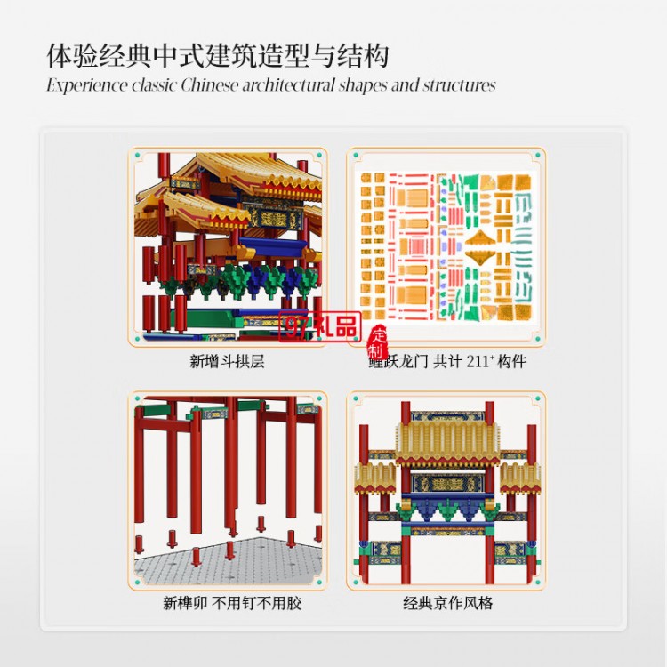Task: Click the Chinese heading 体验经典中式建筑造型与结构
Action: pyautogui.click(x=217, y=56)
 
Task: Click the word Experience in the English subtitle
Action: pyautogui.click(x=87, y=85)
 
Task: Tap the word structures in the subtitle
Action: pyautogui.click(x=460, y=85)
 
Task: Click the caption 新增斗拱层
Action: pyautogui.click(x=227, y=361)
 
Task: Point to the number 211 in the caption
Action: pyautogui.click(x=478, y=361)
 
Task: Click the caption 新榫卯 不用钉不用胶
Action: pyautogui.click(x=232, y=603)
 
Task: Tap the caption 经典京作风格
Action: pyautogui.click(x=448, y=603)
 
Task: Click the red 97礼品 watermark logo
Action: pyautogui.click(x=320, y=327)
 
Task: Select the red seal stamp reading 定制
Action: pyautogui.click(x=377, y=343)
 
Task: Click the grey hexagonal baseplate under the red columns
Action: pyautogui.click(x=228, y=562)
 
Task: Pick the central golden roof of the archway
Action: pyautogui.click(x=448, y=443)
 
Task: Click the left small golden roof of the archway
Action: pyautogui.click(x=375, y=478)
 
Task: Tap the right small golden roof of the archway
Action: pyautogui.click(x=520, y=478)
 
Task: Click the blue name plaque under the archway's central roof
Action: pyautogui.click(x=447, y=483)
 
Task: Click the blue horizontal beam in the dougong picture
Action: pyautogui.click(x=273, y=246)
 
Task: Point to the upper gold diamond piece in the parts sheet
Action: pyautogui.click(x=480, y=239)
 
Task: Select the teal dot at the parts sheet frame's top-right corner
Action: pyautogui.click(x=538, y=156)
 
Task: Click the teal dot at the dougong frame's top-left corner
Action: pyautogui.click(x=137, y=156)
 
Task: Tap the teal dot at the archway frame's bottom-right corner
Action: pyautogui.click(x=538, y=582)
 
